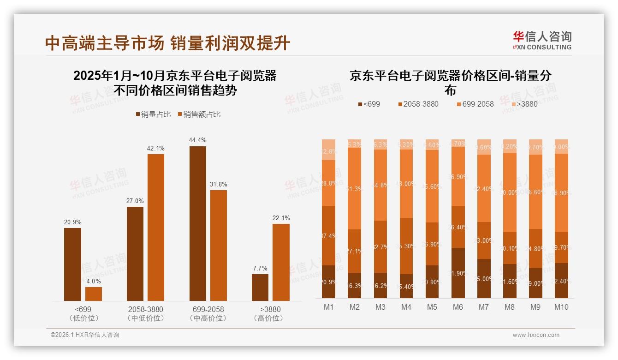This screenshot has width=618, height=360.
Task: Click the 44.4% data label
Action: tap(197, 140)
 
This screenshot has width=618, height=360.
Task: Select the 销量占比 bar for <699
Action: tap(72, 264)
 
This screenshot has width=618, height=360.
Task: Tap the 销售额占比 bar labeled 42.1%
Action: tap(156, 228)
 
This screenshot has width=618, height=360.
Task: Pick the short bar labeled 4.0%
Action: tap(94, 294)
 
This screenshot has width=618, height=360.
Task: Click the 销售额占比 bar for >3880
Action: tap(281, 262)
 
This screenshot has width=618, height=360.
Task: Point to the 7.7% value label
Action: tap(260, 268)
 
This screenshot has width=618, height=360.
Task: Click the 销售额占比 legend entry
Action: tap(199, 114)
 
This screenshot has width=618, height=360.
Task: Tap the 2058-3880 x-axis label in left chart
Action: tap(145, 309)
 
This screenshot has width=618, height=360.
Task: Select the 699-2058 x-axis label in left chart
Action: tap(208, 309)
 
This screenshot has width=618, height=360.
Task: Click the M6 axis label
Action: tap(458, 307)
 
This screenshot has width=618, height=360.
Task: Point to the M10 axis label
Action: tap(561, 307)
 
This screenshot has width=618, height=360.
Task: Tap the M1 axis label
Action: tap(328, 307)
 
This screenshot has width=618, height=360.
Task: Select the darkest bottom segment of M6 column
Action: tap(458, 273)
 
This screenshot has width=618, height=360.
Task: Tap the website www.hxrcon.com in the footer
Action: tap(536, 335)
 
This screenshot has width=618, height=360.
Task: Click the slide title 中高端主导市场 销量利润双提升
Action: tap(168, 43)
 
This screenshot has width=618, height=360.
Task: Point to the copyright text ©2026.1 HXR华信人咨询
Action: tap(85, 335)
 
